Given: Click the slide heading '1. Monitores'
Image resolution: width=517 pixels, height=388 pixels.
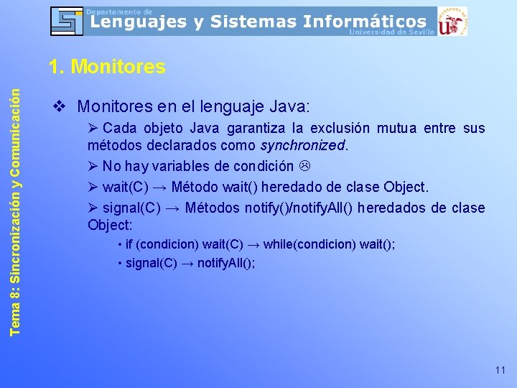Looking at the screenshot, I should coord(107,68).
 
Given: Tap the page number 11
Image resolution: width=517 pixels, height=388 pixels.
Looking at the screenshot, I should coord(500,370).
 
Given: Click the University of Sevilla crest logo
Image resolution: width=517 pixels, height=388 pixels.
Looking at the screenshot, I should coord(452,22).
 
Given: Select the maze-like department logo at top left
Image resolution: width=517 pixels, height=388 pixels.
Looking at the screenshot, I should coord(67,21).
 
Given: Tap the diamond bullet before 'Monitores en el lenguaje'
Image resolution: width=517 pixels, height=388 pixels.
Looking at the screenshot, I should coord(60,107).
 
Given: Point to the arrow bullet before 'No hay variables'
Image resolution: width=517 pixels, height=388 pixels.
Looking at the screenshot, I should coord(93,166).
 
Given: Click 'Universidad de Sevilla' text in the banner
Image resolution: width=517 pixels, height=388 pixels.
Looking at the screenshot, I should coord(391,32).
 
